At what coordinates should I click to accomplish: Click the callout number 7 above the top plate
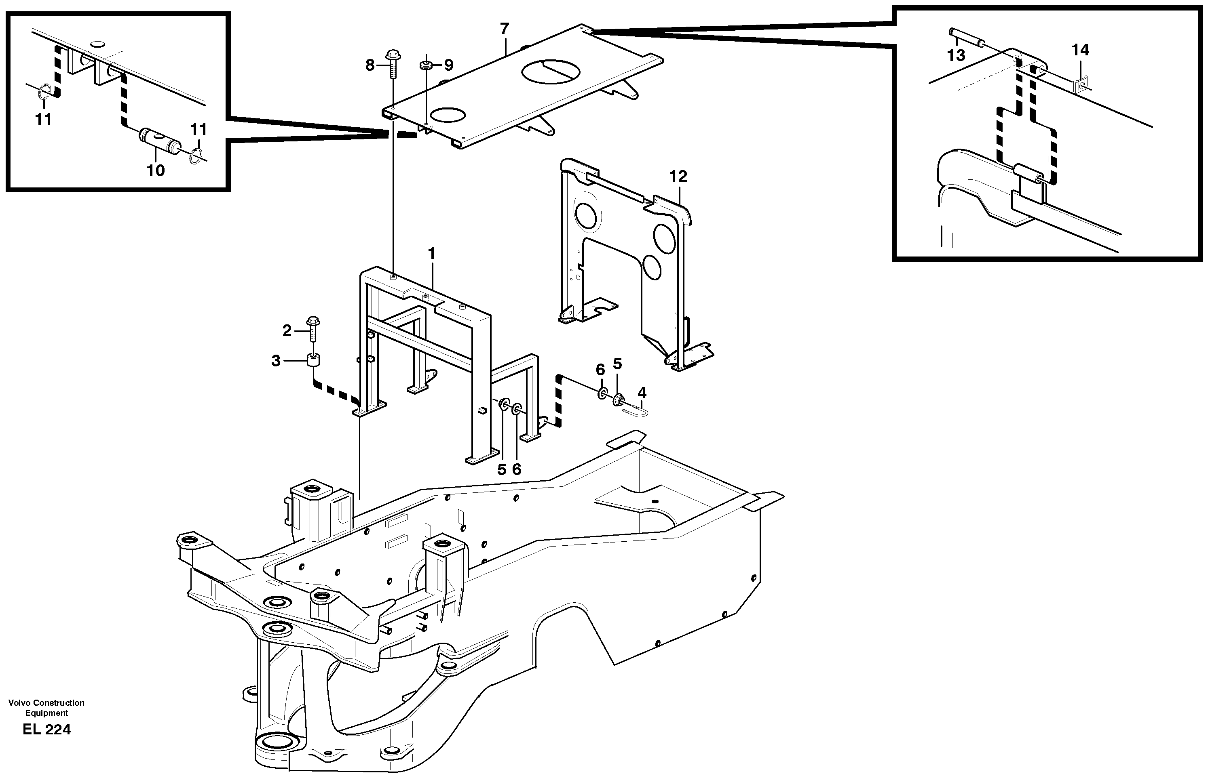(504, 29)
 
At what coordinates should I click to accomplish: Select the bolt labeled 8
(393, 65)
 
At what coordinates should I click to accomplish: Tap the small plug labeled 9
(426, 65)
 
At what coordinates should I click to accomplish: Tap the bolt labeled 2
(313, 330)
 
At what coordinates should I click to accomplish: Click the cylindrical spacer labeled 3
(314, 362)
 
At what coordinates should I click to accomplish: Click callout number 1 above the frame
(431, 253)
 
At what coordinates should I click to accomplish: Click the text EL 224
(46, 730)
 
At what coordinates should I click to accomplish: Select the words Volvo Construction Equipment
(46, 708)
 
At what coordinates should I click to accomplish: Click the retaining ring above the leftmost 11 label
(44, 93)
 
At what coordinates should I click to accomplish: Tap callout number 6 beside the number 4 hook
(600, 370)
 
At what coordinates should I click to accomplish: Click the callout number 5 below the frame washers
(501, 470)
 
